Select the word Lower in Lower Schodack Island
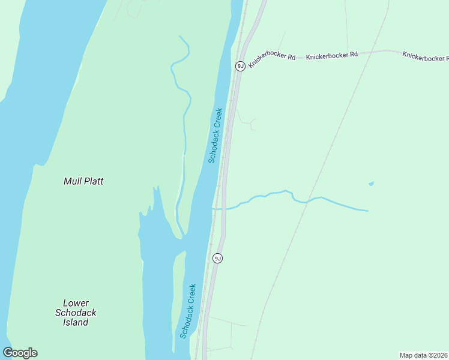[x=76, y=303]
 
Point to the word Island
[x=76, y=322]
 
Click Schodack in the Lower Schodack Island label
[x=76, y=313]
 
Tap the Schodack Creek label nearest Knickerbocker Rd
[x=215, y=135]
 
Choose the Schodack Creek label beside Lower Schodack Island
[x=188, y=310]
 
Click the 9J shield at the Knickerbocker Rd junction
[x=240, y=66]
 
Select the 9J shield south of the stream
[x=217, y=258]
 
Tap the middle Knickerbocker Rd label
[x=331, y=55]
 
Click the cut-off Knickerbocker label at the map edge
[x=425, y=57]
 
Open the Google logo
[x=20, y=353]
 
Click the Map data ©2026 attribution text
[x=423, y=355]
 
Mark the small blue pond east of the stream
[x=371, y=184]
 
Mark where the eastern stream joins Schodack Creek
[x=213, y=208]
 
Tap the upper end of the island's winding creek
[x=179, y=37]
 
